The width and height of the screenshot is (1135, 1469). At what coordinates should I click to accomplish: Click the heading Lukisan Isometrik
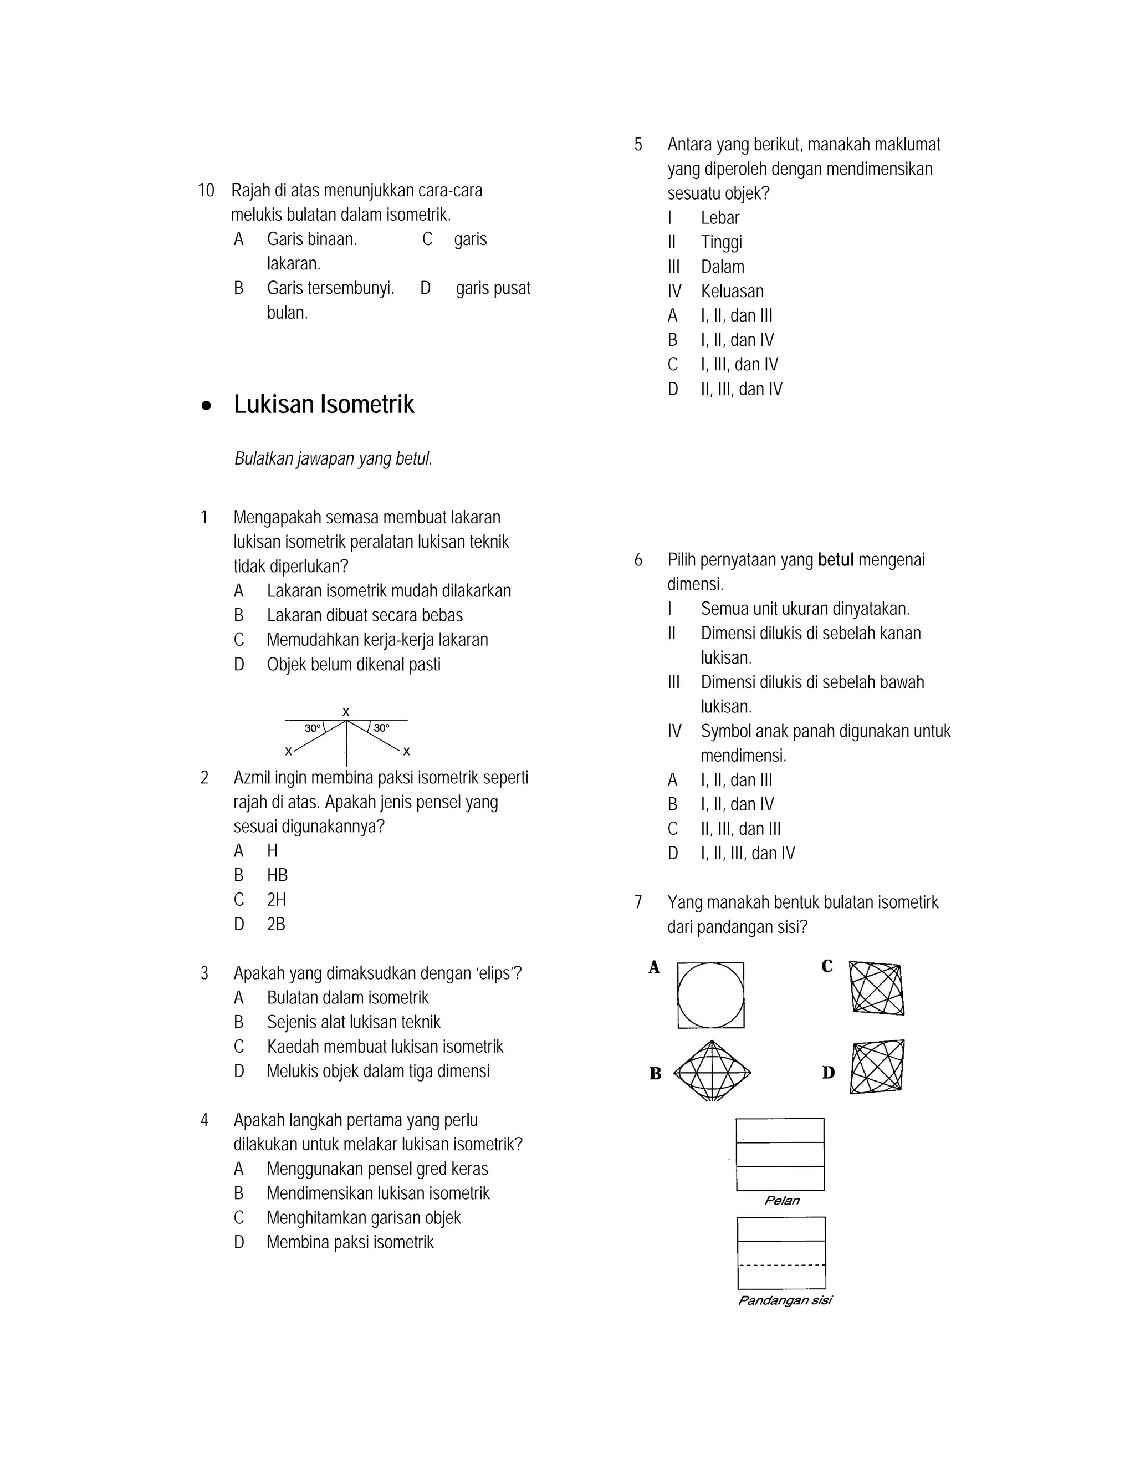pos(324,404)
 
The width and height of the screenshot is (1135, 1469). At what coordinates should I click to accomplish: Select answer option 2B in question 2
pos(275,924)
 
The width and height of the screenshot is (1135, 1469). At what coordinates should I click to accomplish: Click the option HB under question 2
pos(277,875)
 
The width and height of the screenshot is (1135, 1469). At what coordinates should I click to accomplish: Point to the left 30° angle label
pos(312,728)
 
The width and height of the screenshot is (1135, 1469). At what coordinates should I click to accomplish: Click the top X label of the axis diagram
pos(346,712)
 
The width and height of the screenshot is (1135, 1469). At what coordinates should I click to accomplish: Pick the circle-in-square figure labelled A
pos(710,995)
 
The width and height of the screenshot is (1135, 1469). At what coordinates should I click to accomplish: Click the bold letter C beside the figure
pos(827,967)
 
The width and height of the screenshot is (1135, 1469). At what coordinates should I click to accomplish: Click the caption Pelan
pos(782,1201)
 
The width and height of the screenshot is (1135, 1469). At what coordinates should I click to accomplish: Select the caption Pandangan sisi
pos(785,1300)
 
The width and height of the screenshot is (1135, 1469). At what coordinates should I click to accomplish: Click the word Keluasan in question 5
pos(732,291)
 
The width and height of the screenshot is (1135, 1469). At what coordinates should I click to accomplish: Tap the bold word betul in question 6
pos(835,560)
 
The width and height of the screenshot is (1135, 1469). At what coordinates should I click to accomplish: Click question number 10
pos(206,190)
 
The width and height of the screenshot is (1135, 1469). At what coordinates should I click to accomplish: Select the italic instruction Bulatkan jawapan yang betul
pos(333,459)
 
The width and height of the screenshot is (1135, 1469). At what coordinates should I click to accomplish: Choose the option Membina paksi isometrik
pos(350,1242)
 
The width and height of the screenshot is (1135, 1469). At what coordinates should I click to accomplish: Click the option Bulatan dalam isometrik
pos(347,997)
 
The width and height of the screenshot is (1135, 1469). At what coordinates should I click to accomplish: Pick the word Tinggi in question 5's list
pos(722,242)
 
